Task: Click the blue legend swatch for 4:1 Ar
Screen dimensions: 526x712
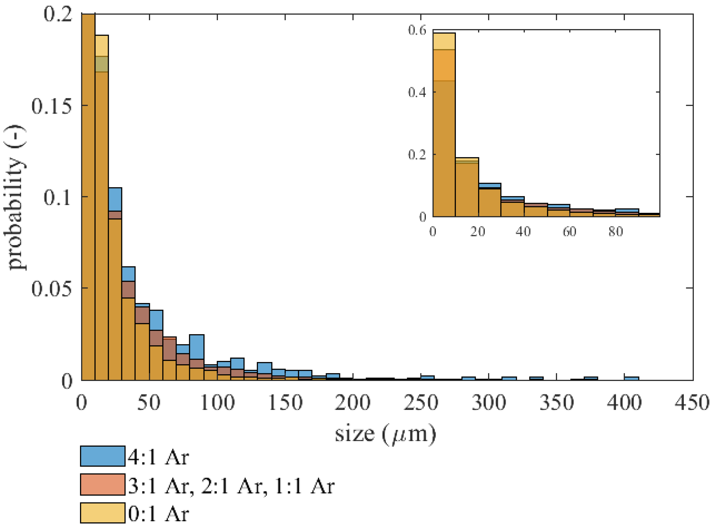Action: point(102,456)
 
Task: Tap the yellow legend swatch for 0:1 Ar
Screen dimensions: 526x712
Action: point(102,512)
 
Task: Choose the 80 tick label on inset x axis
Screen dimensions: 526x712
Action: point(615,232)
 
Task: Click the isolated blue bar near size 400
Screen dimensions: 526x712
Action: point(631,378)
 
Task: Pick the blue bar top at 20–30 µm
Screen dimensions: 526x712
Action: point(115,199)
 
